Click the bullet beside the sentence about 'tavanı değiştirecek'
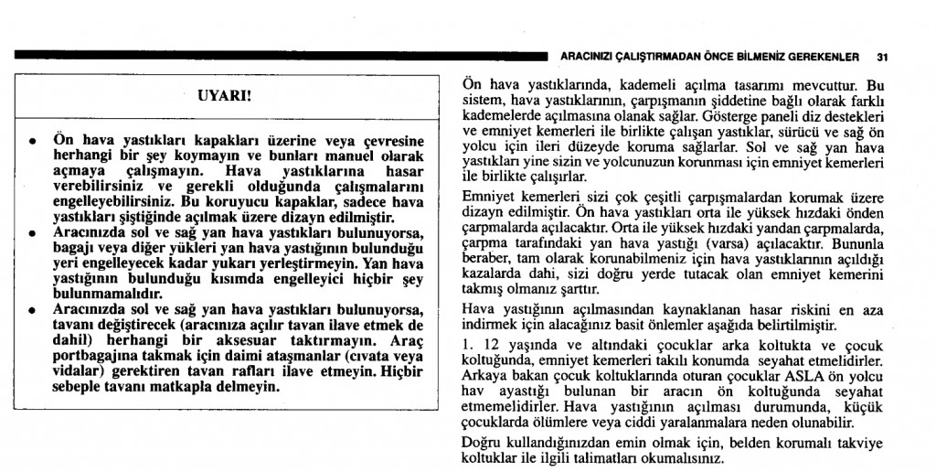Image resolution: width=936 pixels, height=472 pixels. (33, 311)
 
